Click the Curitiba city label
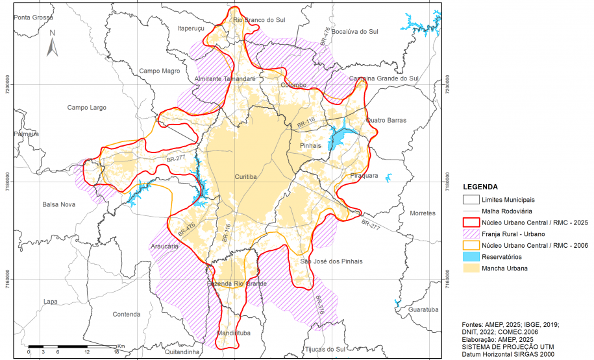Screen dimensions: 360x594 247,176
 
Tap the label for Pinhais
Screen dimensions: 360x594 311,146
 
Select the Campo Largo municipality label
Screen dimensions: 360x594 86,108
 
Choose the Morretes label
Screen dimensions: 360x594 424,213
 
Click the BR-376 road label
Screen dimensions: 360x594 319,306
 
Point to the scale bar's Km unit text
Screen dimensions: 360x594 120,346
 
